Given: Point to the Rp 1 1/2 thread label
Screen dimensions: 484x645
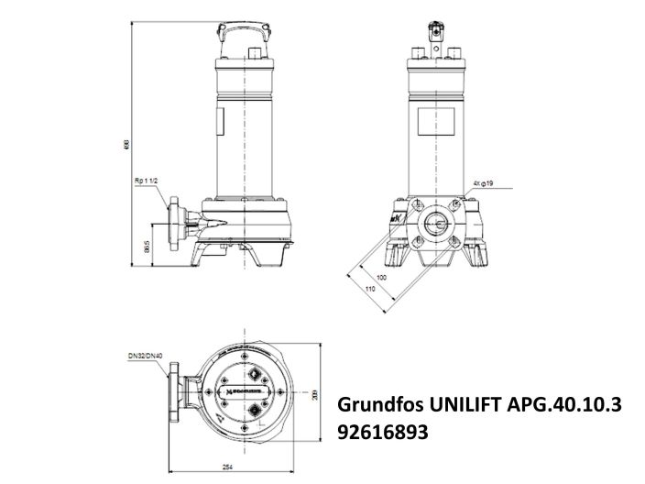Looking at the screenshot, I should tap(148, 182).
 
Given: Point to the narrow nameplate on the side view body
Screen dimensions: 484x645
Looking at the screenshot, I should tap(220, 123).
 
